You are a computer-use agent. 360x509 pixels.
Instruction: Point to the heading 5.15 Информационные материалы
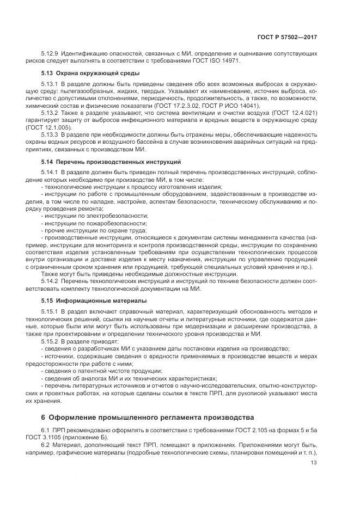point(94,300)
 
